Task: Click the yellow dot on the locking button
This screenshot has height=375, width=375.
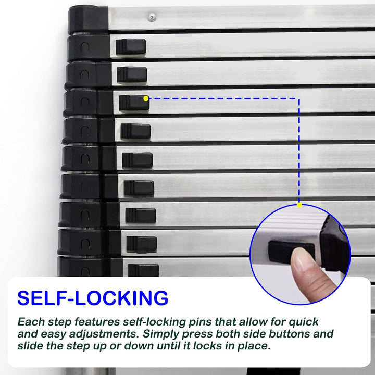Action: (146, 98)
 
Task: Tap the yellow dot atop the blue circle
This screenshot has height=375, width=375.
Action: (299, 205)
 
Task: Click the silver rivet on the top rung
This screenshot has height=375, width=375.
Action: (152, 17)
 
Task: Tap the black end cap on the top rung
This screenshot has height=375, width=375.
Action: (89, 19)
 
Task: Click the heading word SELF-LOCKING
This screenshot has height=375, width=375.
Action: (93, 298)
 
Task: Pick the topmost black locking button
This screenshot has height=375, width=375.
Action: (131, 46)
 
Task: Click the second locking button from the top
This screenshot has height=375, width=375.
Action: (132, 74)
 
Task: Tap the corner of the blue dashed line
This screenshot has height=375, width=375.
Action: (299, 98)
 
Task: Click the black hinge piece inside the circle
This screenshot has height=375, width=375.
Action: (334, 244)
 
